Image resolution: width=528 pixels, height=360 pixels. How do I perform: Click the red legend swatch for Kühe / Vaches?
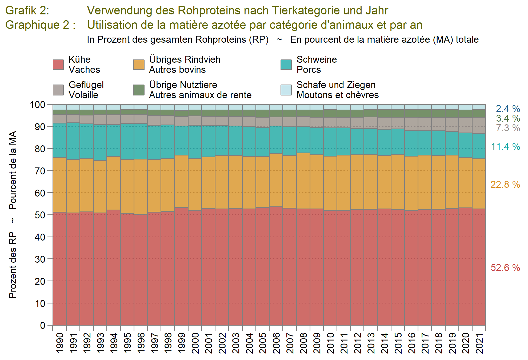click(x=58, y=65)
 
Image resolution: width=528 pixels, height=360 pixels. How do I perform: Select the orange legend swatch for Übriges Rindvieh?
click(x=139, y=65)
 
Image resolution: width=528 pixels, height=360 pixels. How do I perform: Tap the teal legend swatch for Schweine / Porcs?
click(x=286, y=65)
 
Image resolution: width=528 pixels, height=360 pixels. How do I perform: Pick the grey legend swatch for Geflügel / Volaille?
click(x=58, y=90)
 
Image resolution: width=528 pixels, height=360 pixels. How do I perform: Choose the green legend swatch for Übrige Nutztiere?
click(x=139, y=90)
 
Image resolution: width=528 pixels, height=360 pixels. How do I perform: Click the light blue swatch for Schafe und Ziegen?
click(x=286, y=90)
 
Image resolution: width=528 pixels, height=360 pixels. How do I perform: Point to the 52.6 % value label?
click(x=505, y=267)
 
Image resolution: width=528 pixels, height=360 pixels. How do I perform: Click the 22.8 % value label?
click(x=505, y=184)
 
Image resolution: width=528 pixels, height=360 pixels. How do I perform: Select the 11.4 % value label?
click(x=505, y=146)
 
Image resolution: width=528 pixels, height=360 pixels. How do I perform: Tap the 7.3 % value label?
click(x=508, y=128)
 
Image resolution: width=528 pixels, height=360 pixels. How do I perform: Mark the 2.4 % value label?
click(x=508, y=109)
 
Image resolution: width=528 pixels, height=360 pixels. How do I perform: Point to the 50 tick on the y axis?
click(x=40, y=215)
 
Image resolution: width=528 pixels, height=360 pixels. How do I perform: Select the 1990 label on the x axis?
click(x=60, y=343)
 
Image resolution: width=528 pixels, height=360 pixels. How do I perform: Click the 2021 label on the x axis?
click(x=479, y=343)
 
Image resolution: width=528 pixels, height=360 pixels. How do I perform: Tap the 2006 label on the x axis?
click(x=276, y=343)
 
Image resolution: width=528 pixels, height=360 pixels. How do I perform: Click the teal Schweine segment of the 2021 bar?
click(x=479, y=146)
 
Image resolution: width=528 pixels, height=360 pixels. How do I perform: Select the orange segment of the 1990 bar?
click(x=59, y=185)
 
